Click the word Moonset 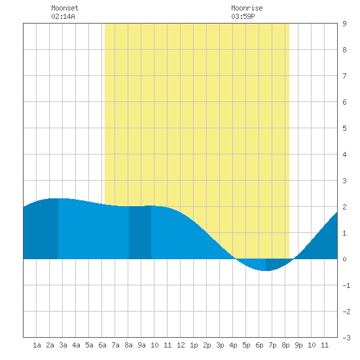tap(65, 8)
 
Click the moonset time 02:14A tap(63, 16)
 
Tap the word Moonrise tap(247, 8)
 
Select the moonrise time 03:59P tap(243, 16)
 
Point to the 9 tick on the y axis tap(344, 24)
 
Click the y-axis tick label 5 tap(344, 128)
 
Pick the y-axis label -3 tap(346, 338)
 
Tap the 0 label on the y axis tap(344, 259)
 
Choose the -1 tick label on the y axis tap(346, 285)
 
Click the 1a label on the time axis tap(37, 345)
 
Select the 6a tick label tap(102, 345)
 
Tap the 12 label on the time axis tap(181, 345)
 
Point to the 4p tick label tap(233, 345)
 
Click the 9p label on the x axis tap(298, 345)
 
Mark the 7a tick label tap(115, 345)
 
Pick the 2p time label tap(207, 345)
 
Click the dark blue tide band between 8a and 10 tap(140, 232)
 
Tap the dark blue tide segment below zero tap(278, 263)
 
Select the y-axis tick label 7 tap(344, 76)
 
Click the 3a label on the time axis tap(63, 345)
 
